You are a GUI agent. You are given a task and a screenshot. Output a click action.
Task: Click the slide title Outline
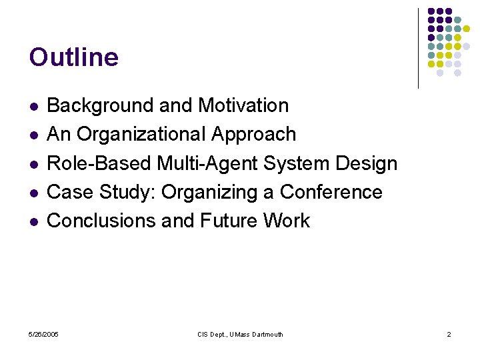74,57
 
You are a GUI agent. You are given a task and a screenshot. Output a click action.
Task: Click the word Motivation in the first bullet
243,105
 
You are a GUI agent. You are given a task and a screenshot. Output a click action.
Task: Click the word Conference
331,192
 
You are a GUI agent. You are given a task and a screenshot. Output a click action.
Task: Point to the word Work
287,221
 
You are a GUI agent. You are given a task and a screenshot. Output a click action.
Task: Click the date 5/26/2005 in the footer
43,334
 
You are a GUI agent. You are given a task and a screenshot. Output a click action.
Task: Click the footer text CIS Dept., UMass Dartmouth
240,334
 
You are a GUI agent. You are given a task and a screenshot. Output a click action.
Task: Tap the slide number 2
449,334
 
